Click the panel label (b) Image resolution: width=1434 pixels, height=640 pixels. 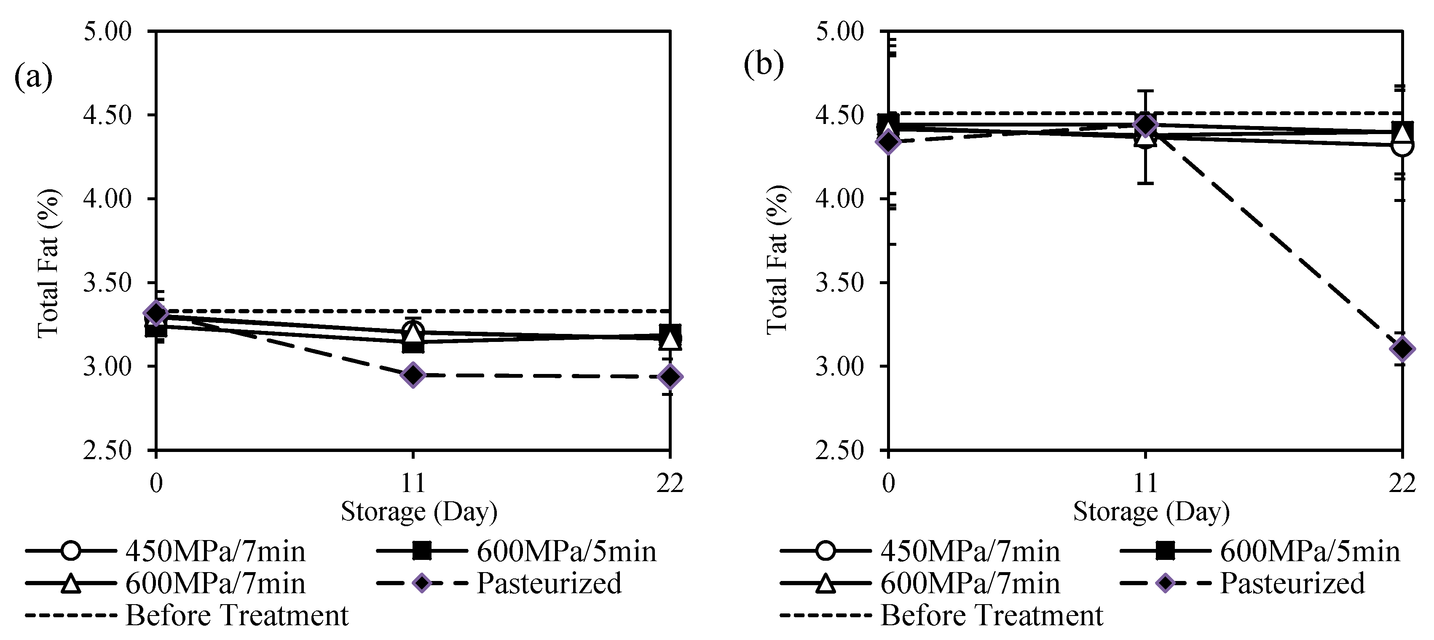coord(763,65)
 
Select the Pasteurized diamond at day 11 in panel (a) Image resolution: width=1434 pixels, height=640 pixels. coord(413,375)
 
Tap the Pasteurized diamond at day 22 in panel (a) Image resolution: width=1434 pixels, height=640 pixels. coord(670,377)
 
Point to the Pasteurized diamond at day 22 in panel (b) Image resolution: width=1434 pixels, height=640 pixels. coord(1402,349)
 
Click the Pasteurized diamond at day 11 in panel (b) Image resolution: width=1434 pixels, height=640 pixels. coord(1145,125)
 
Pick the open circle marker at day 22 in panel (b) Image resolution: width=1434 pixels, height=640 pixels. coord(1402,146)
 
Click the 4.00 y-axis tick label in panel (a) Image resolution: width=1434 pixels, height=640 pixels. coord(107,199)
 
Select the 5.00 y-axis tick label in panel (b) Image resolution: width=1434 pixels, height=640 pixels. coord(839,31)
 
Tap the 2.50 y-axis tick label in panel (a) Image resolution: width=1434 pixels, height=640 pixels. coord(107,450)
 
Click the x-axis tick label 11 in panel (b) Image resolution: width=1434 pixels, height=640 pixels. coord(1145,483)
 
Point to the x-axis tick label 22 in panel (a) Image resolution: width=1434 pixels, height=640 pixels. coord(670,483)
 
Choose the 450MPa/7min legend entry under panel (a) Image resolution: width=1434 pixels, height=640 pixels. coord(215,551)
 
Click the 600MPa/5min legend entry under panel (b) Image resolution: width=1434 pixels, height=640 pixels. coord(1309,551)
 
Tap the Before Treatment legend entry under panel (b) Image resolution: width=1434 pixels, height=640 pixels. coord(991,616)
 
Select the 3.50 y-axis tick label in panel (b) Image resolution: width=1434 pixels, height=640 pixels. coord(839,283)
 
